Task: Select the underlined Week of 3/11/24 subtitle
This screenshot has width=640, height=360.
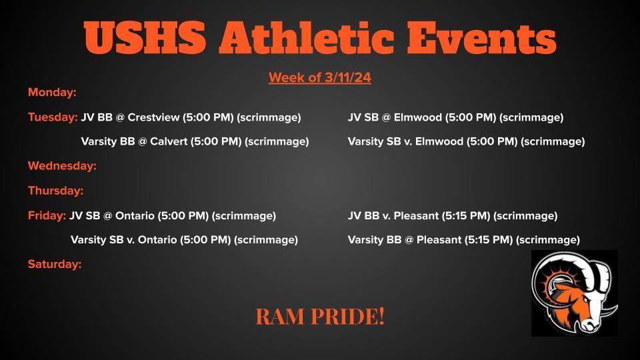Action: pos(319,78)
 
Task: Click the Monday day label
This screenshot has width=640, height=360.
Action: pos(52,93)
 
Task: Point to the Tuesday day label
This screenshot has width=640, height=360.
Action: pos(53,117)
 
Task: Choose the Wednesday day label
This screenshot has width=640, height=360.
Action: pos(62,166)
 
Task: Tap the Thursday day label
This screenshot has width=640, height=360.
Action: pos(55,191)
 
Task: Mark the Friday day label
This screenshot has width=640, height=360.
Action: pos(47,215)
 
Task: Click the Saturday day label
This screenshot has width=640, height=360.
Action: pos(55,265)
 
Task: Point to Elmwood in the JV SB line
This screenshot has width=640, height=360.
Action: pos(417,117)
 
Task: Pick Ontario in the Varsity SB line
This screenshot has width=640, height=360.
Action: pos(157,239)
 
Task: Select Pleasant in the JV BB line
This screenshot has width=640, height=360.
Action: pos(416,215)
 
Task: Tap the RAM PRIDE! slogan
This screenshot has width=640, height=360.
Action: pos(320,317)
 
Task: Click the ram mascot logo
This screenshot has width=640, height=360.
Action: pos(574,293)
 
